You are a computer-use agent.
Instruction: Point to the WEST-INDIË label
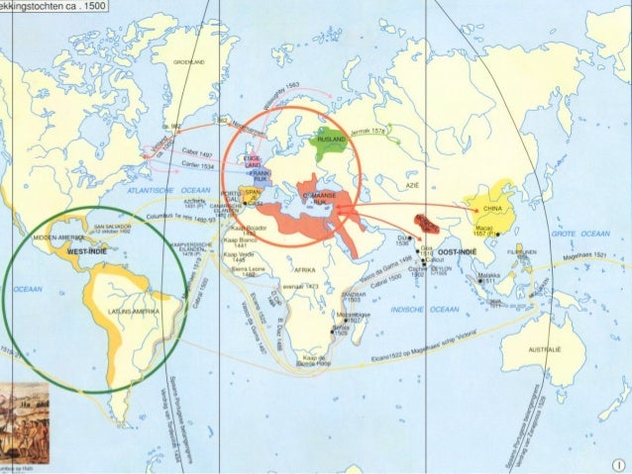click(x=86, y=252)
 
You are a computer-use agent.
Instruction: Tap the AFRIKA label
click(x=304, y=269)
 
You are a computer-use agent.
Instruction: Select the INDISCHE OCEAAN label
click(x=420, y=309)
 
